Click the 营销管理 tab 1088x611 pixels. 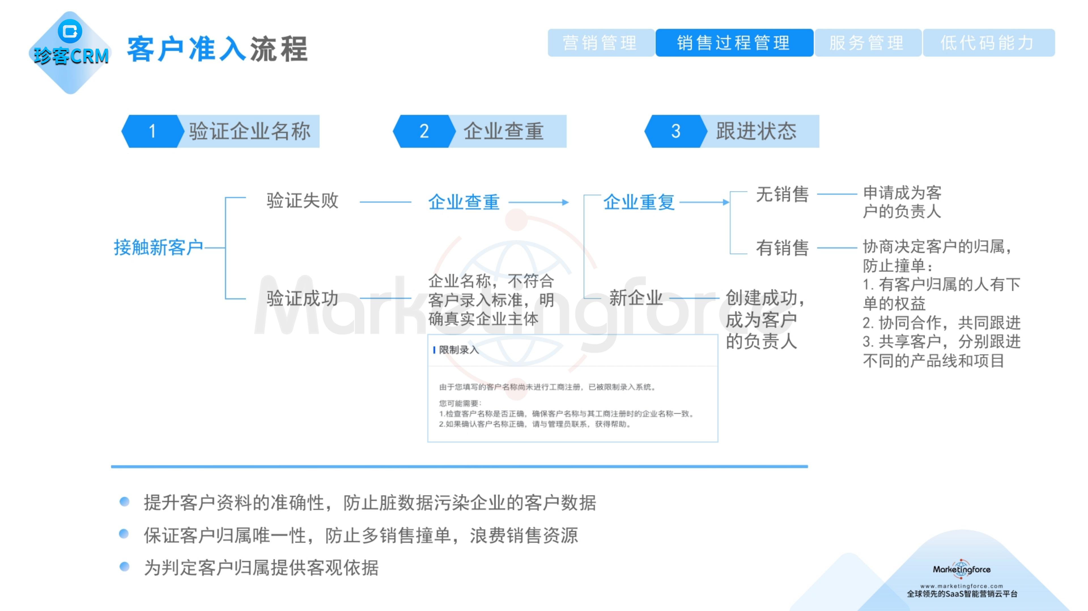(x=600, y=43)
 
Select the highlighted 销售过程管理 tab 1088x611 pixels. (x=734, y=43)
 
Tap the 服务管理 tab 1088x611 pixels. (x=867, y=43)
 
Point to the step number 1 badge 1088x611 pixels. (x=152, y=131)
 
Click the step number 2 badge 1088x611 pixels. (x=424, y=131)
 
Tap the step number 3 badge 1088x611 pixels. (x=675, y=131)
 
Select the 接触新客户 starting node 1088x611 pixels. (x=158, y=247)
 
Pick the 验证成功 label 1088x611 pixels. (x=302, y=298)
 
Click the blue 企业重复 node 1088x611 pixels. (x=639, y=202)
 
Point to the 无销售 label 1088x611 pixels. (x=782, y=194)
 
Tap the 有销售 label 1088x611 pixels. (x=782, y=248)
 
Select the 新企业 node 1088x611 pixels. (x=636, y=298)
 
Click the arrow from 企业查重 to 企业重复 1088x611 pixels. (x=539, y=203)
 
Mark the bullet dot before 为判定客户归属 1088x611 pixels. (x=124, y=566)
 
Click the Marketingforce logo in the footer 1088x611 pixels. (x=961, y=570)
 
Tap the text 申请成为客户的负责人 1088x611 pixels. (x=902, y=202)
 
